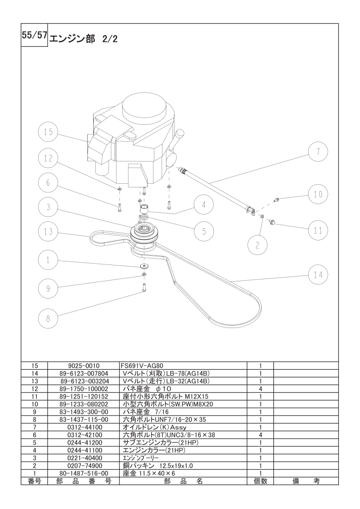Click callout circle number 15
pos(48,132)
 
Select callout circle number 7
pos(318,151)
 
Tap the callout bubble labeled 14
pos(318,274)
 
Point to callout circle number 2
pos(257,245)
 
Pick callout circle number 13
pos(48,231)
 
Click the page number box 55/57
pos(35,35)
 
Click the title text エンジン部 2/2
pos(83,39)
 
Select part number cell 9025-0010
pos(84,366)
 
